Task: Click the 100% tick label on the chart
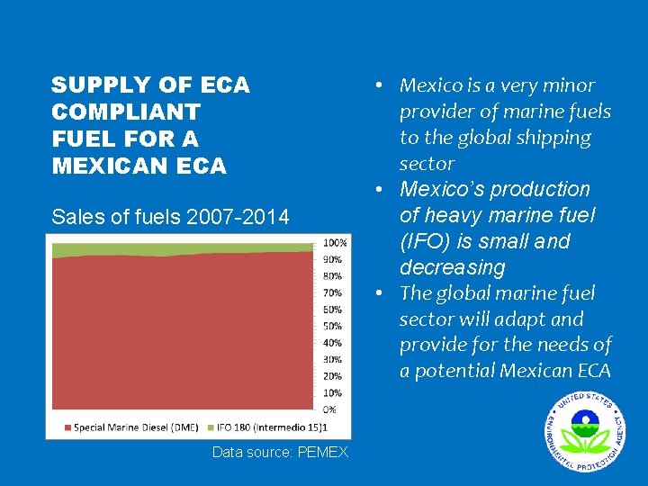[x=336, y=243]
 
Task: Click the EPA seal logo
[x=583, y=431]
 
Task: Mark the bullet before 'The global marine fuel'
[x=382, y=293]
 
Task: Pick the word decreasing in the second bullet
[x=453, y=267]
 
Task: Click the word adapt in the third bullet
[x=533, y=319]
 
